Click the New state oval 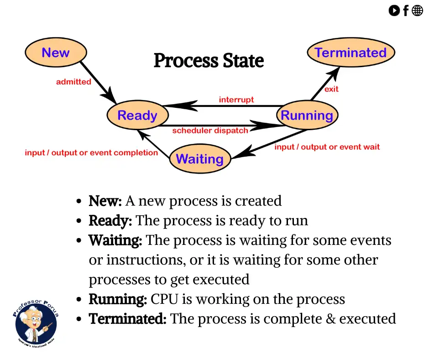pyautogui.click(x=55, y=53)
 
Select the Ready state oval pyautogui.click(x=137, y=115)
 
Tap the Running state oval pyautogui.click(x=307, y=115)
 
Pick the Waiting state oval pyautogui.click(x=200, y=159)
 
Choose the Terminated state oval pyautogui.click(x=351, y=53)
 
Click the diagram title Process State pyautogui.click(x=209, y=61)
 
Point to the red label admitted pyautogui.click(x=73, y=82)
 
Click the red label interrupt pyautogui.click(x=236, y=100)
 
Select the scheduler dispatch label pyautogui.click(x=210, y=131)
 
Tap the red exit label pyautogui.click(x=331, y=89)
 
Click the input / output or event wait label pyautogui.click(x=327, y=147)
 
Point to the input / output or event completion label pyautogui.click(x=91, y=153)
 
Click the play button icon pyautogui.click(x=394, y=11)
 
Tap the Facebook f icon pyautogui.click(x=405, y=11)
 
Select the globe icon pyautogui.click(x=418, y=11)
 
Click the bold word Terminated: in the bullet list pyautogui.click(x=128, y=318)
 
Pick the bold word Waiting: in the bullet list pyautogui.click(x=115, y=240)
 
